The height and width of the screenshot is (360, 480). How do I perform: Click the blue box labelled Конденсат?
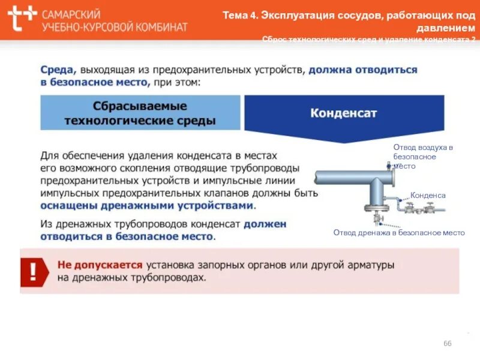click(344, 113)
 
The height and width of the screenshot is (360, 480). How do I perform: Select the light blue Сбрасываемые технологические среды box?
click(140, 113)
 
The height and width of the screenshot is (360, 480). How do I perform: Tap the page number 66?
click(447, 343)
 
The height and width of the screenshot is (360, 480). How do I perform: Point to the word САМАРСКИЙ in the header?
click(71, 14)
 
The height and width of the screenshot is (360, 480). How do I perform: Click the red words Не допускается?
click(100, 265)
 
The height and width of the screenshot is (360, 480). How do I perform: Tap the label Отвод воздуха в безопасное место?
click(423, 156)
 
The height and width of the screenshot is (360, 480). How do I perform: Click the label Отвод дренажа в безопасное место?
click(399, 233)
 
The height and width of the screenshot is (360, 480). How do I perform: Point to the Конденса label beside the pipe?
click(428, 196)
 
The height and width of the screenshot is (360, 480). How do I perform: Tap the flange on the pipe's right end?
click(391, 178)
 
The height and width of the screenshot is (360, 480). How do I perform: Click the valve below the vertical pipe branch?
click(373, 211)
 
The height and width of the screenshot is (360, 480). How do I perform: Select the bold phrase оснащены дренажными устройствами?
click(147, 206)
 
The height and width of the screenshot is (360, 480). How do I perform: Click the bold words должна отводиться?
click(362, 70)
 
